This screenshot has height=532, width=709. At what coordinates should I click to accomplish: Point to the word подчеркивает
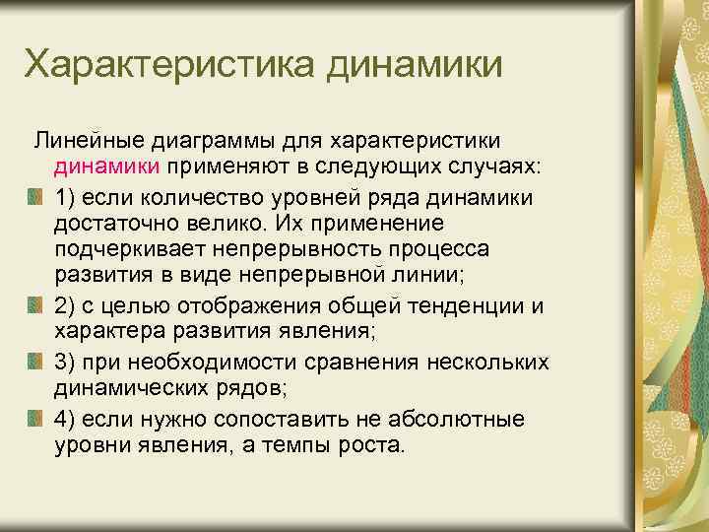tap(134, 251)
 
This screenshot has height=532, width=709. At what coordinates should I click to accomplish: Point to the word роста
tap(369, 445)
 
